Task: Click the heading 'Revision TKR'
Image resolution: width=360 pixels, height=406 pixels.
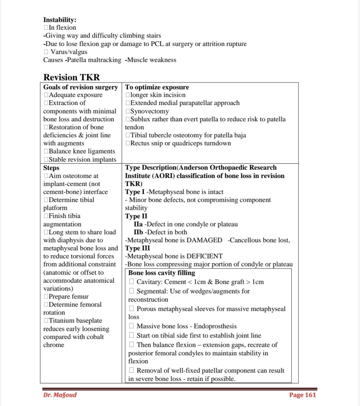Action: point(72,77)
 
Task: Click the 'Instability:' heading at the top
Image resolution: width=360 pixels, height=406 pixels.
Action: point(60,19)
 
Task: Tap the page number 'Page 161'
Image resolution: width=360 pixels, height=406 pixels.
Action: point(303,395)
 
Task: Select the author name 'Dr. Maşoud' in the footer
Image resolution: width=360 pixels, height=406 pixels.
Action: point(60,395)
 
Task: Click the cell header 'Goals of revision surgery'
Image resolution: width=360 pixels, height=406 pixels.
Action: point(80,87)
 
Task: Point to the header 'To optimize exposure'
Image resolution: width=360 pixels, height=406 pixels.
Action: point(157,87)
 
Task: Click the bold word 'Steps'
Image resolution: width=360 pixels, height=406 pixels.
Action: point(51,168)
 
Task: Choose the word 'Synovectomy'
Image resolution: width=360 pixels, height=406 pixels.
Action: point(149,111)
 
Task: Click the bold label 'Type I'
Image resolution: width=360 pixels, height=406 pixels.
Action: point(135,192)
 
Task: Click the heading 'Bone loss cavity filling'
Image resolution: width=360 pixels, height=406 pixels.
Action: point(162,273)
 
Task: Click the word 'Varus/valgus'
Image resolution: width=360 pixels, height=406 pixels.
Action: point(69,52)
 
